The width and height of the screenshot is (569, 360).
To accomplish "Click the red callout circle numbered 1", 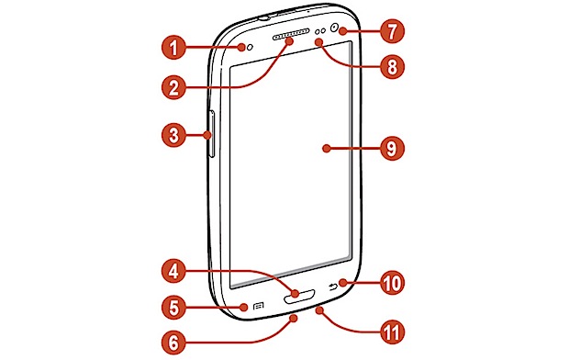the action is tap(173, 47).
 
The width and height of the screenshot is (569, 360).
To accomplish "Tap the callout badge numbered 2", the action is tap(173, 87).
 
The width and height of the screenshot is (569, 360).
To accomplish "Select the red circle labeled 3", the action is tap(173, 136).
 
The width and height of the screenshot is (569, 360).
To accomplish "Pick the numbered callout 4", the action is tap(173, 271).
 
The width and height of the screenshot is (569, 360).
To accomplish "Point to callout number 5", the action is tap(173, 308).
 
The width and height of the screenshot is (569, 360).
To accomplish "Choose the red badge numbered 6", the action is tap(173, 342).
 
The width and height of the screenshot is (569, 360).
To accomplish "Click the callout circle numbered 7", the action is tap(392, 30).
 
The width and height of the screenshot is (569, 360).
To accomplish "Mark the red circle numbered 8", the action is tap(392, 67).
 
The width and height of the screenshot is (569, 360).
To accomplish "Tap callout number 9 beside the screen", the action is tap(392, 148).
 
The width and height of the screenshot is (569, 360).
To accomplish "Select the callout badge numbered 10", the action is tap(392, 282).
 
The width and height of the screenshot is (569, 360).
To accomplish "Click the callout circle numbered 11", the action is tap(392, 332).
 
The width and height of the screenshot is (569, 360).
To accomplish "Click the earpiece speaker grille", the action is tap(291, 35).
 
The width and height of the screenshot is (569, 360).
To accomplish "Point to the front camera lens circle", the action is tap(334, 27).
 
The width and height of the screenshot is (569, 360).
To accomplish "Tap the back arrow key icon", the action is tap(333, 287).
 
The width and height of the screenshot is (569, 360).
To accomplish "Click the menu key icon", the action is tap(258, 306).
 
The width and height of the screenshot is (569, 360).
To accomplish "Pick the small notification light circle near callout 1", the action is tap(250, 47).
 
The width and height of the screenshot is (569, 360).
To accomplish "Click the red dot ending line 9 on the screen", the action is tap(327, 148).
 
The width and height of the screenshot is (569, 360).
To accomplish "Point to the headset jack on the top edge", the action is tap(265, 17).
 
